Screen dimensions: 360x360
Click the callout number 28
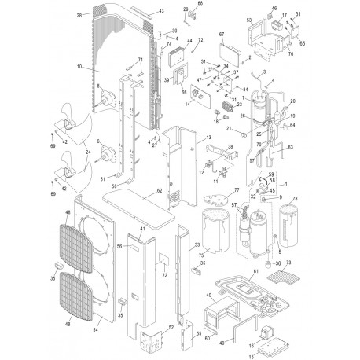coord(79,15)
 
